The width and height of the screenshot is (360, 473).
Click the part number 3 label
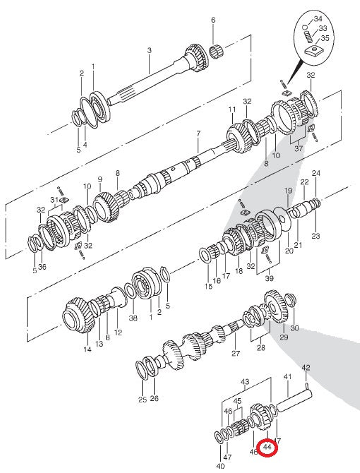point(149,50)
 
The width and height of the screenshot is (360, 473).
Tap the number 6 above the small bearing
point(212,20)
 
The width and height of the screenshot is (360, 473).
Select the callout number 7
point(198,133)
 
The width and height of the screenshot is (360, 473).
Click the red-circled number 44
point(268,448)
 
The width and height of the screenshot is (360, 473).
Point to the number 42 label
point(306,368)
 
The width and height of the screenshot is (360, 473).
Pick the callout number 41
point(287,378)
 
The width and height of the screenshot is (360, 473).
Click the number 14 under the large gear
point(88,349)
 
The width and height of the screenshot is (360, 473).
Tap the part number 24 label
point(316,173)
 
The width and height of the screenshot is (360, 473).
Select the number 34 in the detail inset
point(318,18)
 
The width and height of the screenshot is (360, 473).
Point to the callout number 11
point(232,109)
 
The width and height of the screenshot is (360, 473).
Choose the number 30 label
point(294,328)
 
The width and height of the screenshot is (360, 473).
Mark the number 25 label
point(143,400)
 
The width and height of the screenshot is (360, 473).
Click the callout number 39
point(270,280)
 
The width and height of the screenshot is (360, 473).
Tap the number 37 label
point(297,149)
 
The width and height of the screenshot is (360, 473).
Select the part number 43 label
point(245,382)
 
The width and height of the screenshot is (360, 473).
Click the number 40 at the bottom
point(220,466)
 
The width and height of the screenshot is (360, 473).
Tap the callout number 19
point(288,191)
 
